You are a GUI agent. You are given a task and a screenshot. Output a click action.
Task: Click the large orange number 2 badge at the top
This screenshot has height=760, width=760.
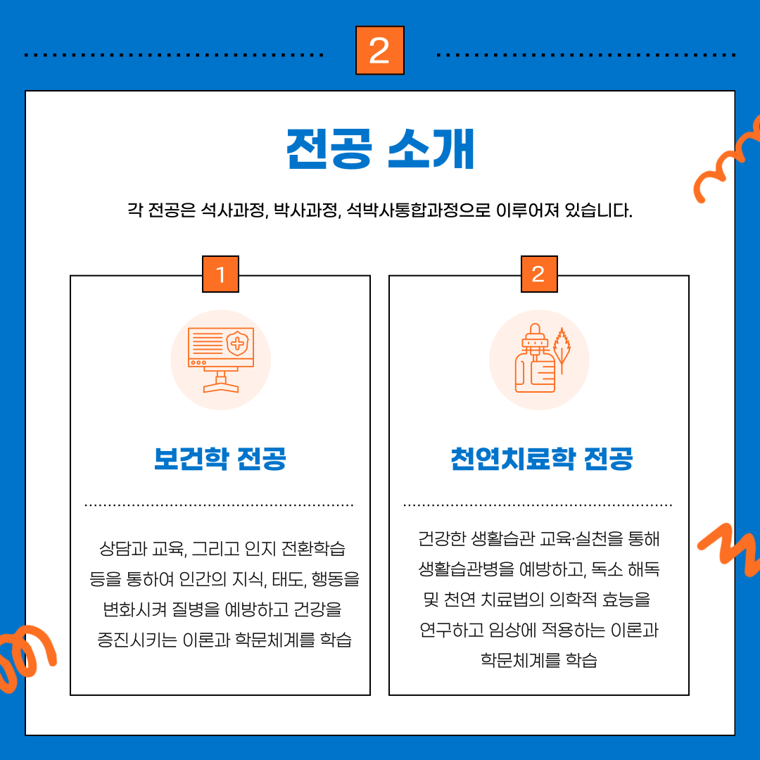pyautogui.click(x=379, y=51)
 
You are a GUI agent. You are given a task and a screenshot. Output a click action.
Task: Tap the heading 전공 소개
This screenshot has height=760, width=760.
pyautogui.click(x=380, y=149)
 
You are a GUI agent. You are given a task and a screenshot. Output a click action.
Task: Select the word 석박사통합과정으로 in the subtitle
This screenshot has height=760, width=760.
pyautogui.click(x=419, y=210)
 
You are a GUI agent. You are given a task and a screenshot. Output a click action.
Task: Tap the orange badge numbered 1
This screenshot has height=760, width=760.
pyautogui.click(x=220, y=274)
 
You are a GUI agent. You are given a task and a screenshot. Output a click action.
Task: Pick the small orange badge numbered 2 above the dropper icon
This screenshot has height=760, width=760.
pyautogui.click(x=539, y=274)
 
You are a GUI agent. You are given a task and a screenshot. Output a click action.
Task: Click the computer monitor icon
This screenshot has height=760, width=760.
pyautogui.click(x=221, y=360)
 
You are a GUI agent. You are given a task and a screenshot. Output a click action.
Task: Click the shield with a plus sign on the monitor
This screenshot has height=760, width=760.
pyautogui.click(x=238, y=343)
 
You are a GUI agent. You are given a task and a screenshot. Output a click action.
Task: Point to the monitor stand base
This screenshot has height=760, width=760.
pyautogui.click(x=221, y=386)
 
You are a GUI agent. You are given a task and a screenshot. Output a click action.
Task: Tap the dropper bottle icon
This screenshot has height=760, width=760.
pyautogui.click(x=535, y=358)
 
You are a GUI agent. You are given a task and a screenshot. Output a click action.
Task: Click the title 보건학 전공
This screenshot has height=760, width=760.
pyautogui.click(x=220, y=459)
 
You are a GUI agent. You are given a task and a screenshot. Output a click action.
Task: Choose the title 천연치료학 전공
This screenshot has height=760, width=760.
pyautogui.click(x=541, y=459)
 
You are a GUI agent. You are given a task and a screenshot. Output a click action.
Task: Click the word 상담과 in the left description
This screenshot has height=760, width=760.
pyautogui.click(x=123, y=549)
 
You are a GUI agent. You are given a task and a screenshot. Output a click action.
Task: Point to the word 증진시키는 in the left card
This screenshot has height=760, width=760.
pyautogui.click(x=137, y=640)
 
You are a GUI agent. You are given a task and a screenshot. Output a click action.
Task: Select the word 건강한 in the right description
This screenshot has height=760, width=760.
pyautogui.click(x=442, y=538)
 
